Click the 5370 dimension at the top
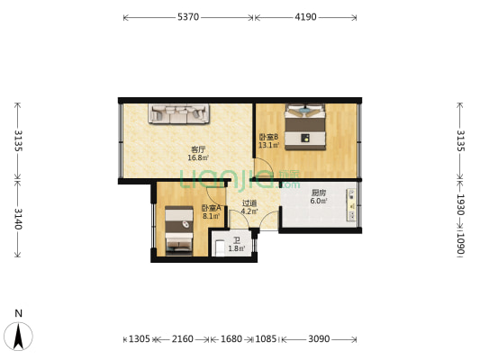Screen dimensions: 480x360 click(x=188, y=17)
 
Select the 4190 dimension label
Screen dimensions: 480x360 click(x=305, y=17)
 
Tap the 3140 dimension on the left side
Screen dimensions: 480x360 click(x=18, y=219)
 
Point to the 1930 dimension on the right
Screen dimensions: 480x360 click(x=461, y=204)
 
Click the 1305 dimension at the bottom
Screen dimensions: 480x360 click(x=140, y=339)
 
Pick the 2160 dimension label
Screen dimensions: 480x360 click(x=183, y=339)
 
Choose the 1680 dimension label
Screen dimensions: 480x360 click(x=231, y=339)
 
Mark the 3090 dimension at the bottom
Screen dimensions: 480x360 click(x=319, y=339)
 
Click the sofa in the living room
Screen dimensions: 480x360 click(x=179, y=113)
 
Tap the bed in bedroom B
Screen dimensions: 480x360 click(x=305, y=127)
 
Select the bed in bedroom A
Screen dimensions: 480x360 click(x=179, y=231)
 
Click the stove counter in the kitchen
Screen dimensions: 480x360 click(x=351, y=204)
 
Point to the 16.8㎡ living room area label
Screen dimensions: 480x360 click(x=198, y=157)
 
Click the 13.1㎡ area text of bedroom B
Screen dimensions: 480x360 click(x=269, y=145)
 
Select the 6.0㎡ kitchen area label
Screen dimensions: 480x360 click(x=319, y=201)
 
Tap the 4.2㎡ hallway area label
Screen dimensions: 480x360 click(x=249, y=211)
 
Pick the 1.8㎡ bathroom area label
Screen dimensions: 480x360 click(x=237, y=248)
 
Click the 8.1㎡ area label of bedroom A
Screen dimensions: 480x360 click(x=212, y=216)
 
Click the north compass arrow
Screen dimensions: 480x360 click(x=19, y=336)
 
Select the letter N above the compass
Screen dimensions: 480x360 click(x=19, y=313)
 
